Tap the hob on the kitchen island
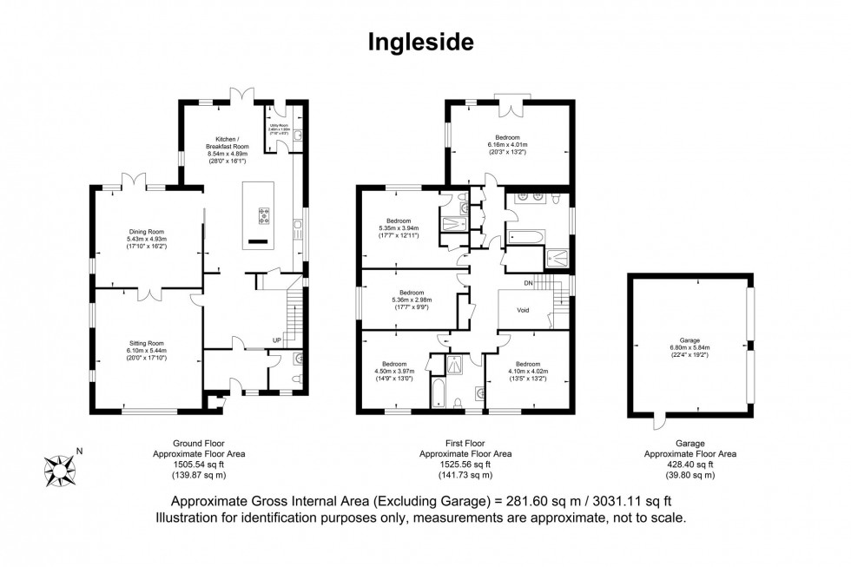point(263,214)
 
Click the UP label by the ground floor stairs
point(277,340)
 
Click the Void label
point(523,309)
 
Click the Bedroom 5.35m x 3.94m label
point(399,228)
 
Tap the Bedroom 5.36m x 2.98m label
point(412,298)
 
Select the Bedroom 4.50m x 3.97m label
point(393,371)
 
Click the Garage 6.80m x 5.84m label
point(689,346)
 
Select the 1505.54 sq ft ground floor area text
point(188,464)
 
